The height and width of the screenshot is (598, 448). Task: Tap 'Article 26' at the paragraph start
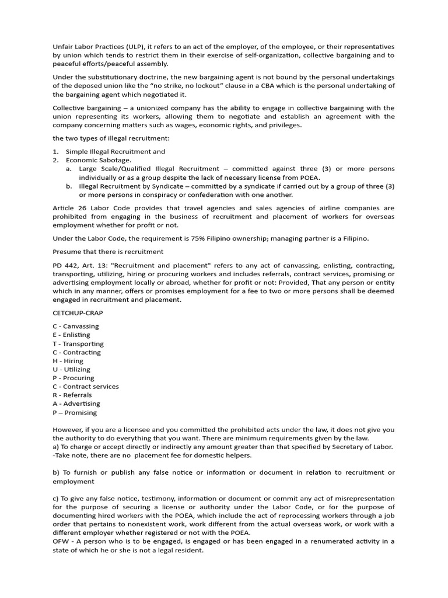coord(69,208)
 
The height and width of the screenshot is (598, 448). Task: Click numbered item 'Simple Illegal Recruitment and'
coord(116,151)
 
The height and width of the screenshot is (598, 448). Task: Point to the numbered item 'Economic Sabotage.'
coord(99,160)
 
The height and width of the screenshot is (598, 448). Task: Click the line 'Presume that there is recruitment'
coord(108,252)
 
